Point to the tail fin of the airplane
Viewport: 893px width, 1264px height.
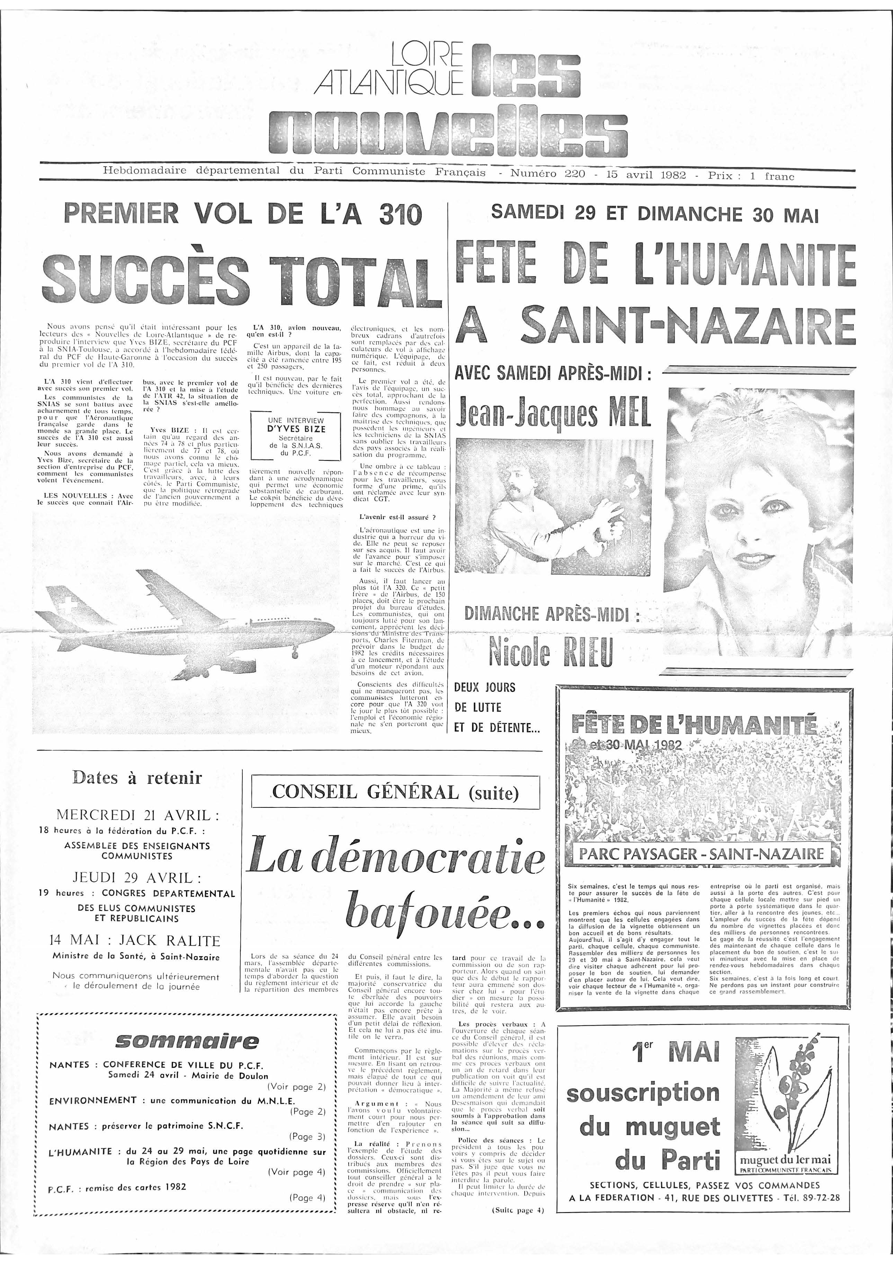[63, 602]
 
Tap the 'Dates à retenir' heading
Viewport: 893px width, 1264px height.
[137, 778]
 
